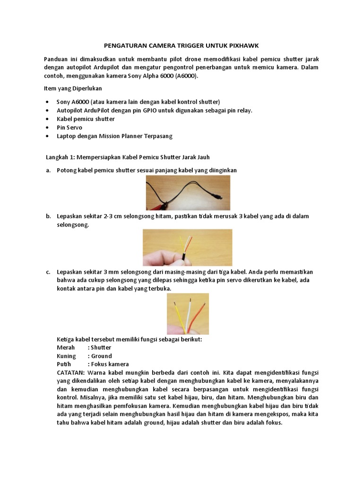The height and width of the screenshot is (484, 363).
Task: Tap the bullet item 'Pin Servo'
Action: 69,128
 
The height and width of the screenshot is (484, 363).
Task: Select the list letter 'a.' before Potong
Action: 48,170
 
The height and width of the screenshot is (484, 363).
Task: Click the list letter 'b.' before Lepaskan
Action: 48,216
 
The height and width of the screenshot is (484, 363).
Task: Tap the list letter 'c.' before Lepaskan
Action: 48,272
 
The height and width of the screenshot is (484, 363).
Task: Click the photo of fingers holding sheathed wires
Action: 188,248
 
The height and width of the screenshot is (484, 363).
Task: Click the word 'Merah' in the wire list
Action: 66,347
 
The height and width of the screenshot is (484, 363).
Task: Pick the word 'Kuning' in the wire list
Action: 66,356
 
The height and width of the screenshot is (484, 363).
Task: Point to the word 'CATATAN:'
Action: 71,373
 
